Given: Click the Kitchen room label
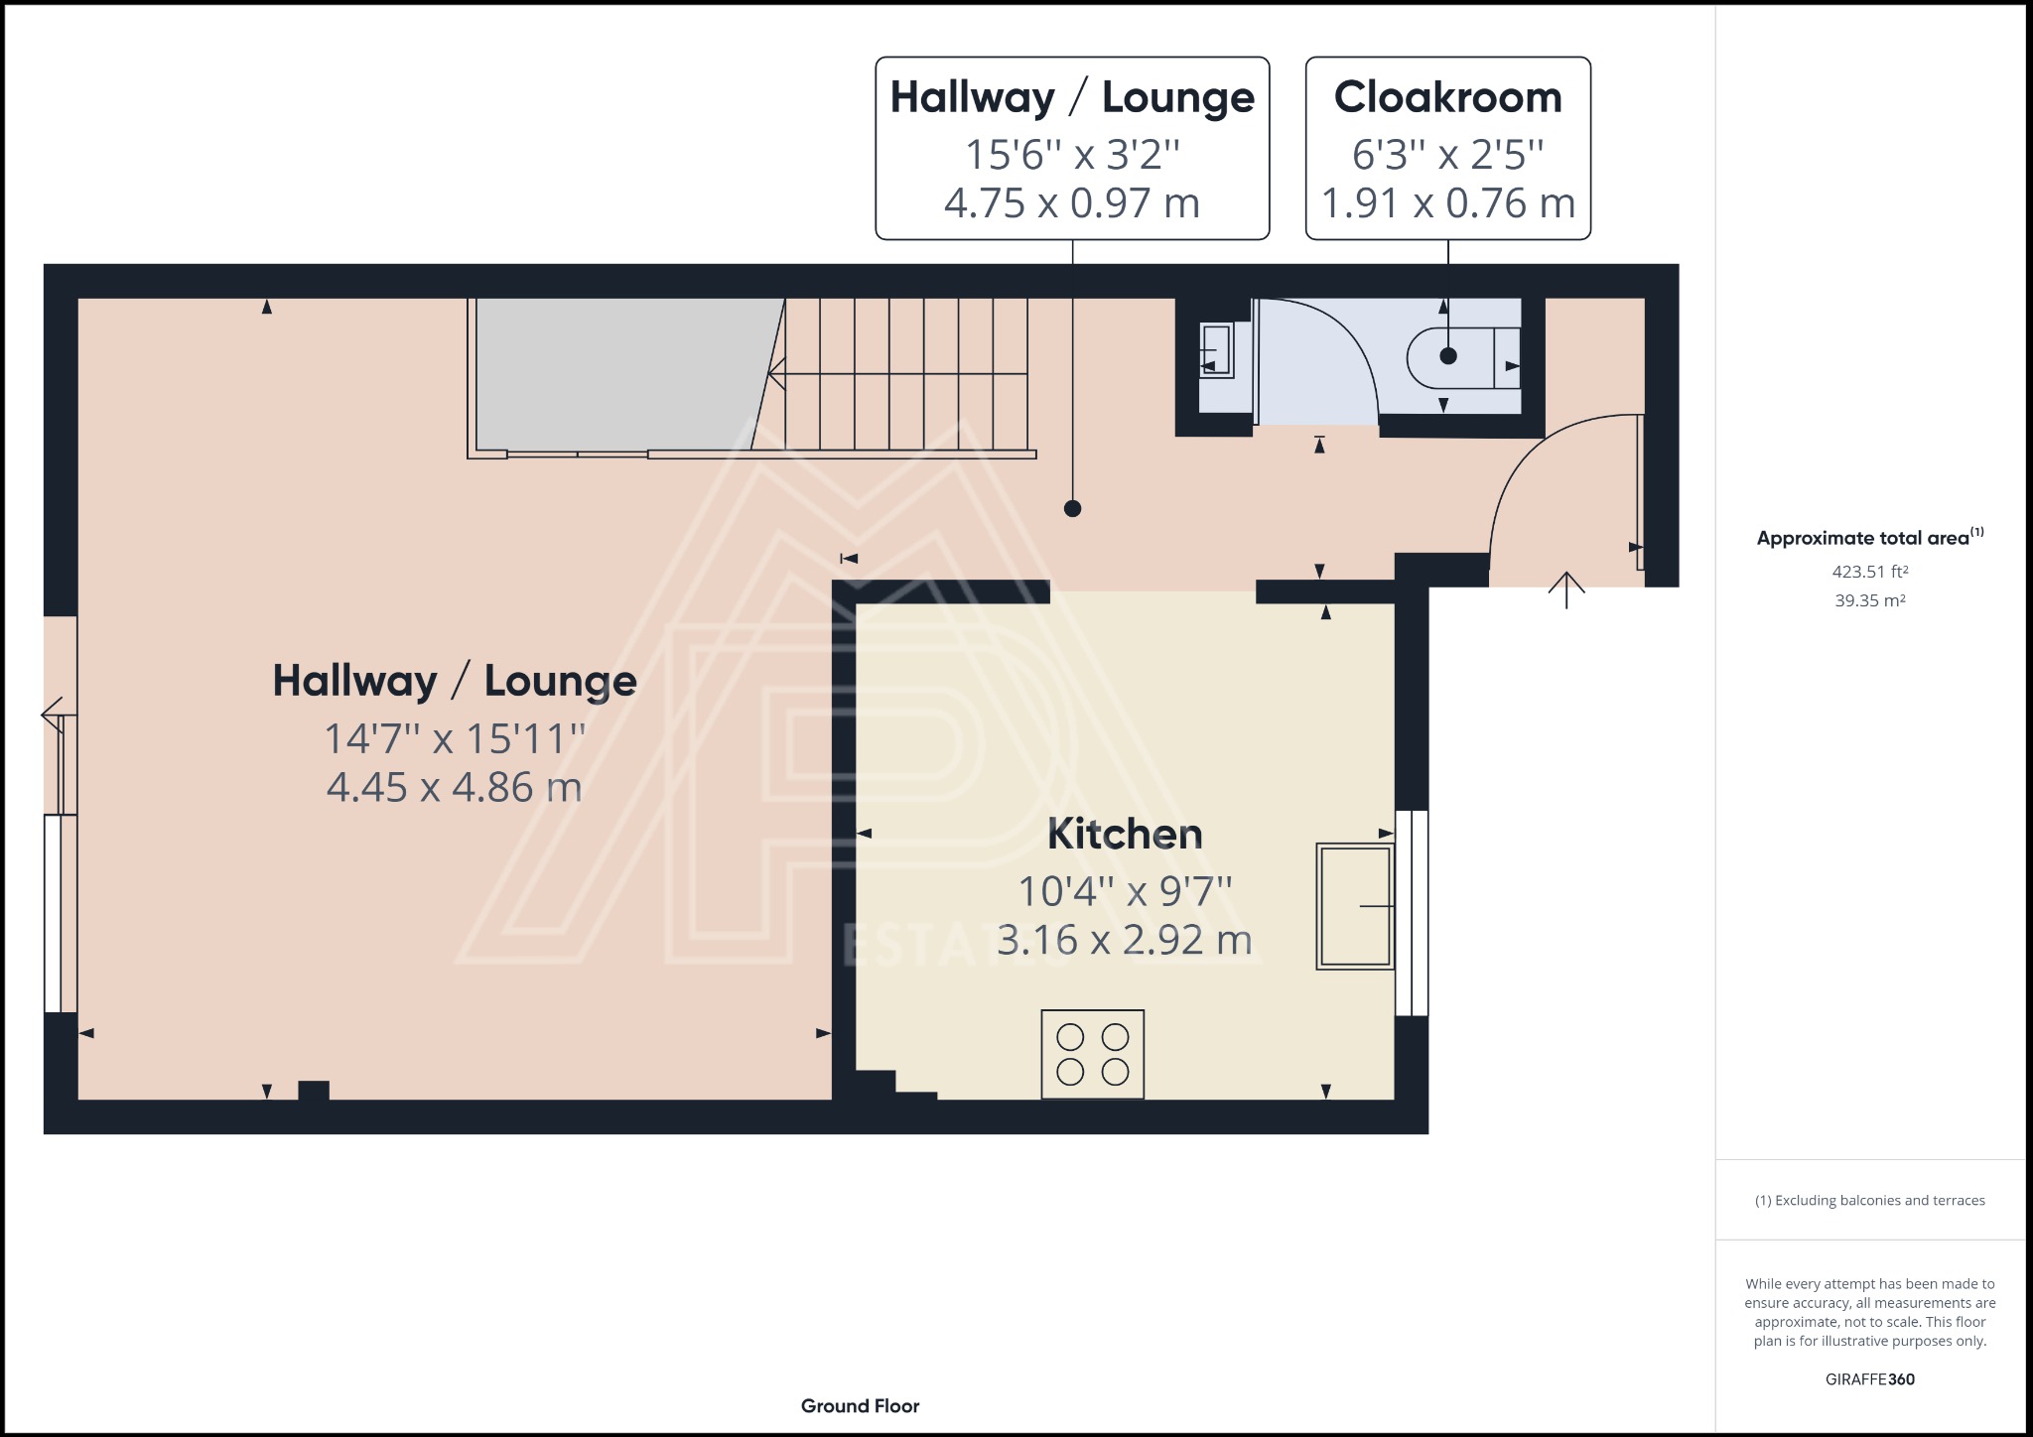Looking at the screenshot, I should pos(1125,834).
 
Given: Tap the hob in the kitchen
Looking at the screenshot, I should pos(1092,1054).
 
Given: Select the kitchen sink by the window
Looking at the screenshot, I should pos(1354,905).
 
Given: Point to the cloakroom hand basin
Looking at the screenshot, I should pos(1216,350).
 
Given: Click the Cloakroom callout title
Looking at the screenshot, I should pos(1447,97).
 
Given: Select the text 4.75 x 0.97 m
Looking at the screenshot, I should pos(1071,203).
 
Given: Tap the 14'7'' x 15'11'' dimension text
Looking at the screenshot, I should pos(455,738).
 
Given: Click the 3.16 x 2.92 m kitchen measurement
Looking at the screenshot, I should pos(1124,940).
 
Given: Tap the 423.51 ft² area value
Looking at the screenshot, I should pos(1870,572).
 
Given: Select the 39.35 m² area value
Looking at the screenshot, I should pos(1870,600).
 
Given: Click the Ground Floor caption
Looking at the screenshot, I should pos(860,1406).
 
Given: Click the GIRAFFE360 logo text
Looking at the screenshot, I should pos(1870,1379).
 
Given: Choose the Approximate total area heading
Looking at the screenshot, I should pos(1869,538).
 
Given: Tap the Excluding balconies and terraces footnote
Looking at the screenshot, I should pos(1870,1201).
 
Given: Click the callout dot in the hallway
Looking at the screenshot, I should pos(1072,509).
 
